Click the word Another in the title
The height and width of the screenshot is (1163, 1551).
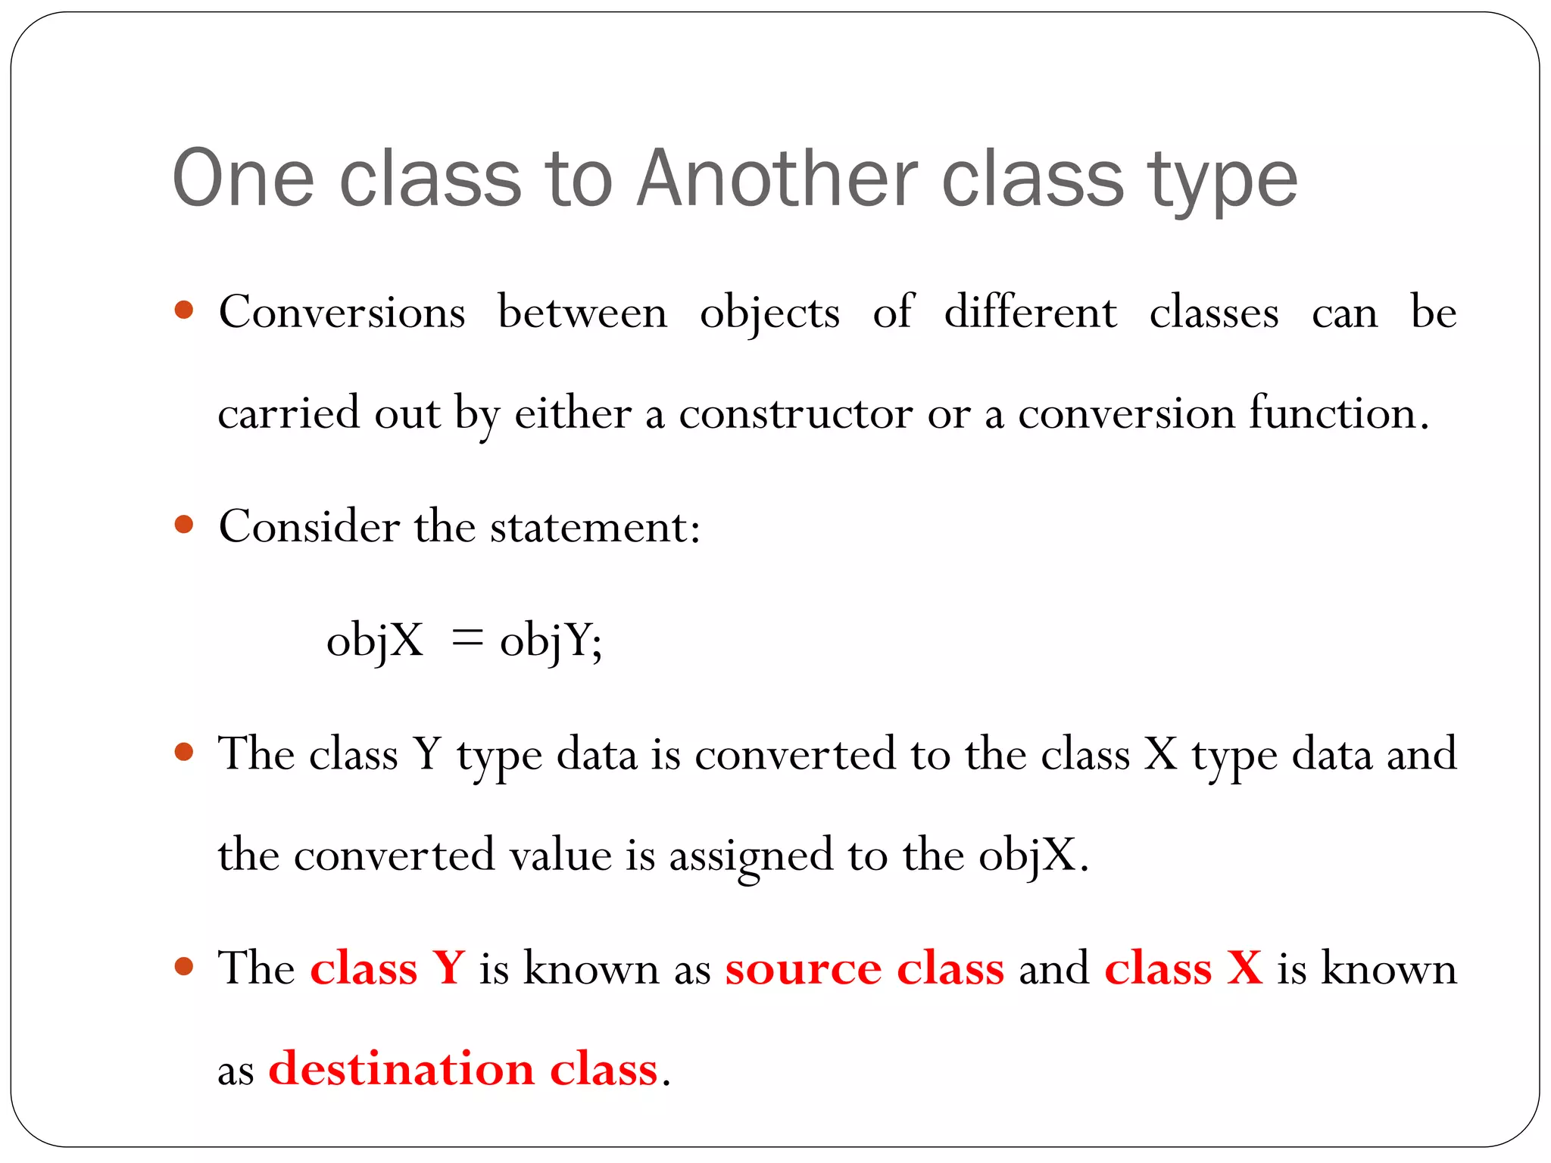click(777, 179)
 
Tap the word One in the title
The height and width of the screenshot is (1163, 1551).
click(243, 179)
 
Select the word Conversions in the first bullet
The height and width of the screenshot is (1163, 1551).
click(342, 312)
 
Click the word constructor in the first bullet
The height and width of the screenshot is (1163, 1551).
click(795, 413)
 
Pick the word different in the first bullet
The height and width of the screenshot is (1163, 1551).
click(1030, 312)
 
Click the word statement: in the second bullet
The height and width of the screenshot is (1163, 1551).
click(595, 526)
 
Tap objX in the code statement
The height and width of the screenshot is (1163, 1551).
click(374, 641)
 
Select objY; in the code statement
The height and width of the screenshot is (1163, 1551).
click(551, 641)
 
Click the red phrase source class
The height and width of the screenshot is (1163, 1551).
click(864, 968)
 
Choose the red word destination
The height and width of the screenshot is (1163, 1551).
click(401, 1069)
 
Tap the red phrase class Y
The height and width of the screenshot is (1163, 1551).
click(387, 968)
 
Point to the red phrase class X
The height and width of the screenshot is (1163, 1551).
click(1183, 968)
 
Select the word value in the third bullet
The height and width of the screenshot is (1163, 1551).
click(560, 856)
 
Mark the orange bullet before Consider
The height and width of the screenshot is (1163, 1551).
click(184, 524)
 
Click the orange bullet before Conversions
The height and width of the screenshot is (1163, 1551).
click(184, 310)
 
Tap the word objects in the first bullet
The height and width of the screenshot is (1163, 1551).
click(769, 313)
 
